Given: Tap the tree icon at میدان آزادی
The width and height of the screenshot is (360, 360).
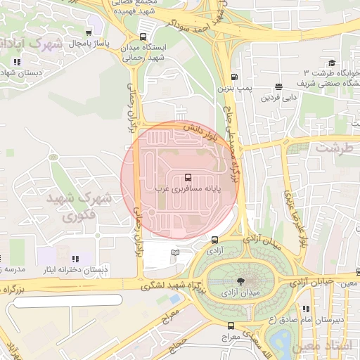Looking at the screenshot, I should point(241,280).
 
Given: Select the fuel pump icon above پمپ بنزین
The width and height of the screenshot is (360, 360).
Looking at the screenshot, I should point(233,77).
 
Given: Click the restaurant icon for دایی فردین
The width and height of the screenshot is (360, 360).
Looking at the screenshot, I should point(279,86).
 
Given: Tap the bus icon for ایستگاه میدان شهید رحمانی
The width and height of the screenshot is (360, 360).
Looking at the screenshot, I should point(143,37).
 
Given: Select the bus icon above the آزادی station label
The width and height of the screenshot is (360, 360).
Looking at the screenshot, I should point(214,240).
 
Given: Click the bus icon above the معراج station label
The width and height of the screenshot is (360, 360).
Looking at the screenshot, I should point(231,326).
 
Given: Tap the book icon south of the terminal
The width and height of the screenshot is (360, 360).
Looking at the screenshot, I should point(175,252).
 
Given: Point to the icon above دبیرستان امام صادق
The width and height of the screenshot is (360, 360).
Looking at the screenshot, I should point(306,308).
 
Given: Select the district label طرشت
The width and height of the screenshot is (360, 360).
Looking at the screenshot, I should point(332,148).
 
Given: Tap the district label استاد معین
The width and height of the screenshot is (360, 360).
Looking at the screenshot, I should point(334,347).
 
